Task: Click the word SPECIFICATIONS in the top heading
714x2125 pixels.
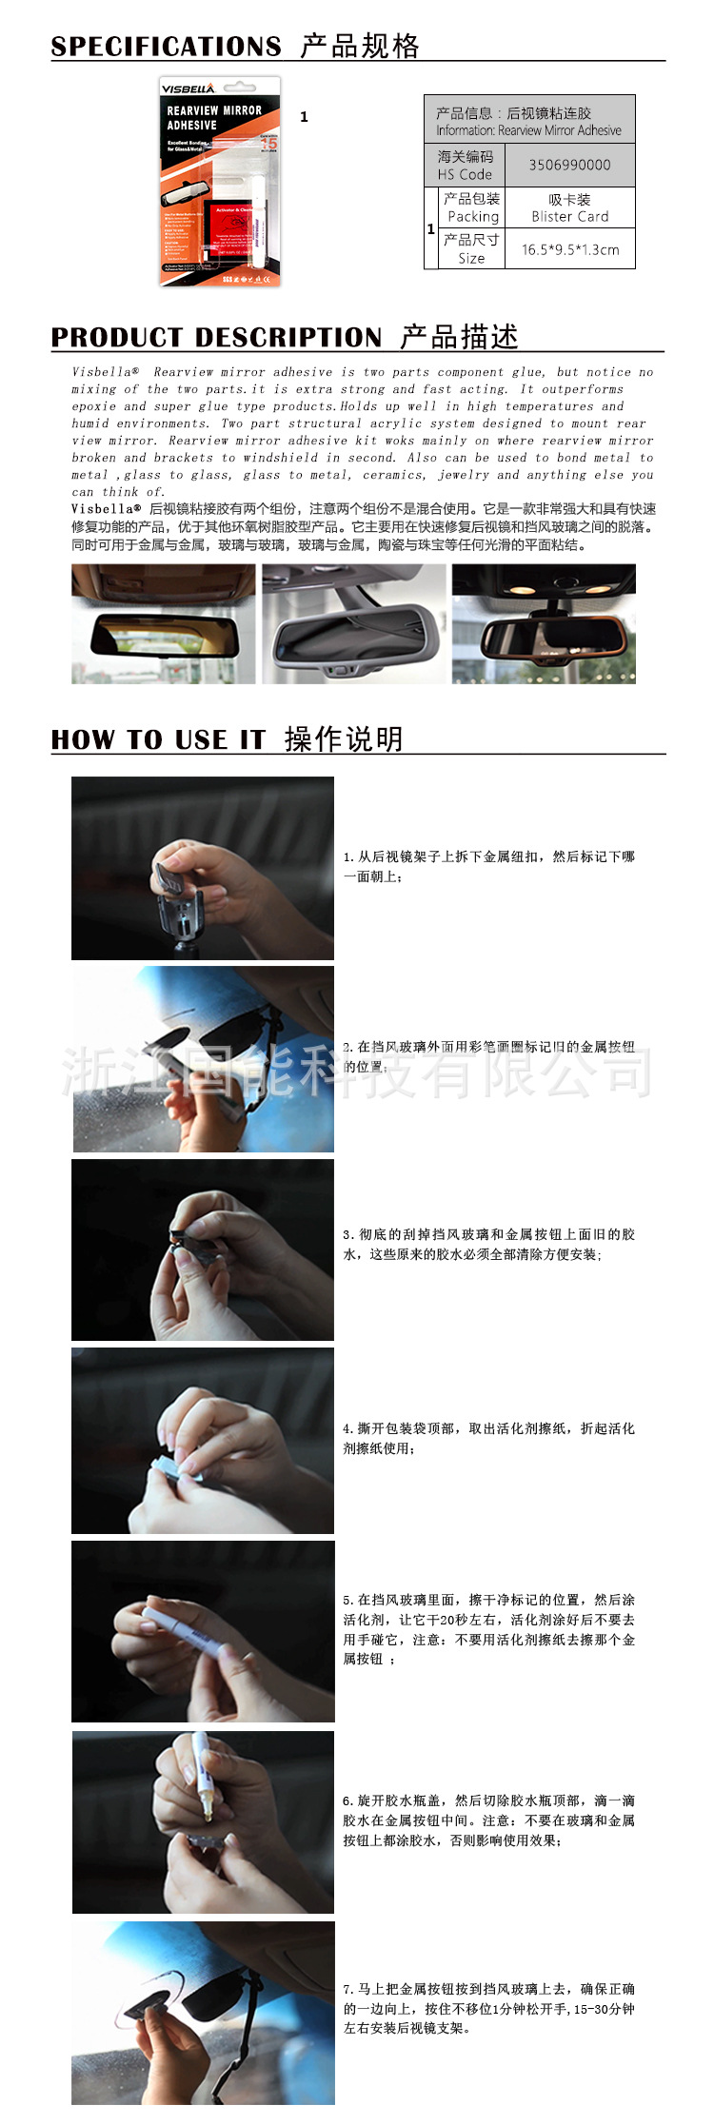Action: [166, 46]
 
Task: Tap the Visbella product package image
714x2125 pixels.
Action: [220, 183]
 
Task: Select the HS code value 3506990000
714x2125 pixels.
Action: [569, 165]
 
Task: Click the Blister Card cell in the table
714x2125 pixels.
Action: [569, 207]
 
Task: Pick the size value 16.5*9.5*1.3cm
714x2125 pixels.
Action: [569, 249]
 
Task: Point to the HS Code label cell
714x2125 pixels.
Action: [465, 165]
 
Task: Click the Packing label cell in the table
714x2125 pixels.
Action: [472, 207]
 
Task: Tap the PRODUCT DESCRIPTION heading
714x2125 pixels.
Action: [216, 337]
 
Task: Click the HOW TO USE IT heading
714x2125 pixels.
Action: [158, 739]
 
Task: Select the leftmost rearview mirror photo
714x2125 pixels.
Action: [163, 624]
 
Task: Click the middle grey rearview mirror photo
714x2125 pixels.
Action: [353, 624]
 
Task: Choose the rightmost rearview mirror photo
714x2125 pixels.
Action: [544, 624]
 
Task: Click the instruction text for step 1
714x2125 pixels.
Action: [488, 866]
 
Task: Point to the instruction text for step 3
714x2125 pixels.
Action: [488, 1244]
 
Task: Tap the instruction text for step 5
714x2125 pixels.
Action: [488, 1629]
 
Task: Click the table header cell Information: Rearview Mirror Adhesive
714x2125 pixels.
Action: [528, 121]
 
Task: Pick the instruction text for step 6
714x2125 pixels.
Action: [488, 1820]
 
